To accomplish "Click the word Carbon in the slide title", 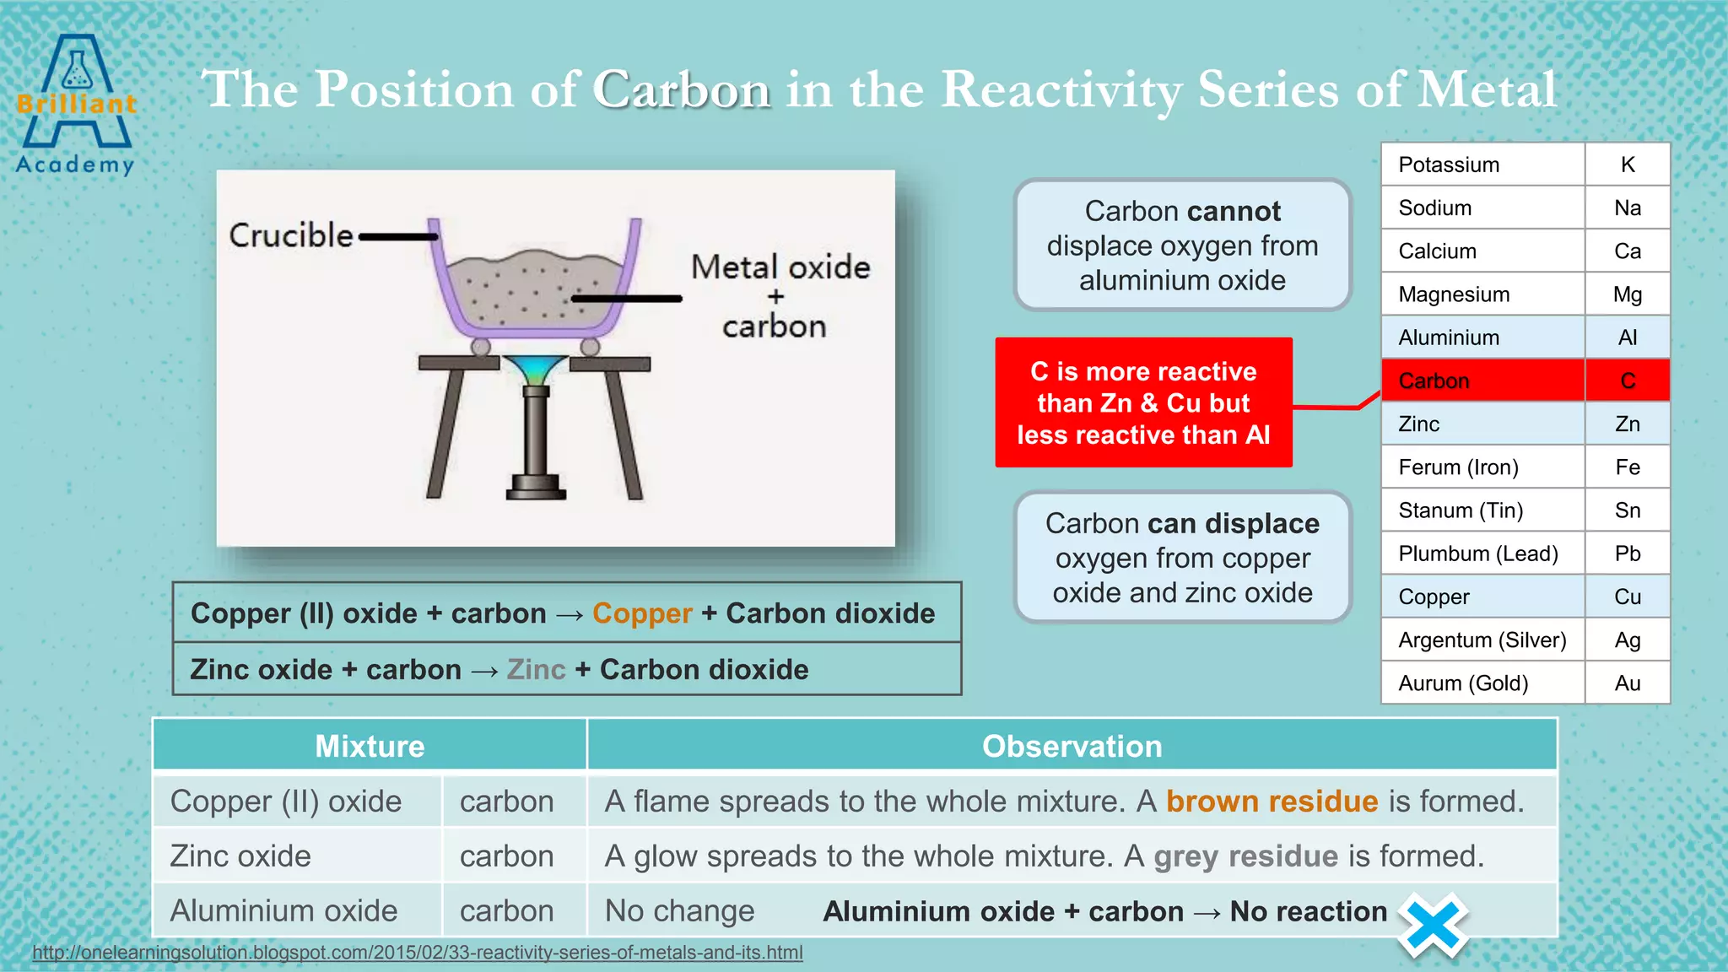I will pyautogui.click(x=681, y=89).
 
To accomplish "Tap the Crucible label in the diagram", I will pyautogui.click(x=291, y=235).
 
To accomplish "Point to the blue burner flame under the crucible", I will pyautogui.click(x=535, y=370).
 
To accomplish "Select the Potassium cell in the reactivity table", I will pyautogui.click(x=1482, y=165).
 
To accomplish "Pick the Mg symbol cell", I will pyautogui.click(x=1627, y=294).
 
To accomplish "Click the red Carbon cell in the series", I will pyautogui.click(x=1482, y=381).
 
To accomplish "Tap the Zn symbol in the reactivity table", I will pyautogui.click(x=1627, y=424).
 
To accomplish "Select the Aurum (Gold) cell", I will pyautogui.click(x=1482, y=683).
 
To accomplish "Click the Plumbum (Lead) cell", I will pyautogui.click(x=1482, y=553).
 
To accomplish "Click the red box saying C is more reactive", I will pyautogui.click(x=1143, y=402).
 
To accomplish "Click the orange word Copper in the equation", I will pyautogui.click(x=642, y=613).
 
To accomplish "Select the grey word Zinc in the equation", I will pyautogui.click(x=536, y=670).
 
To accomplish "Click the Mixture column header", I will pyautogui.click(x=370, y=746).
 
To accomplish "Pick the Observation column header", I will pyautogui.click(x=1072, y=746).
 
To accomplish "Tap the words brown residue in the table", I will pyautogui.click(x=1272, y=801).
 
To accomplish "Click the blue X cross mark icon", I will pyautogui.click(x=1433, y=926).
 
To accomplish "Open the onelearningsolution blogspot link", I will pyautogui.click(x=418, y=953).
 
